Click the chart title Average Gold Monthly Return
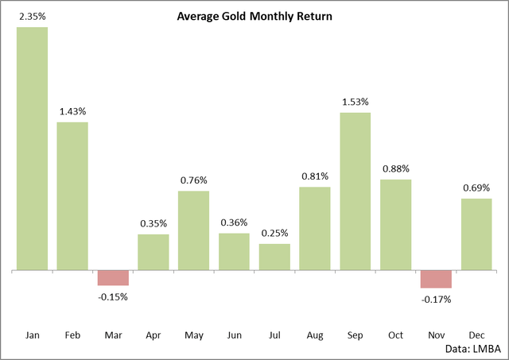pyautogui.click(x=254, y=15)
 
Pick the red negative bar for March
pyautogui.click(x=113, y=278)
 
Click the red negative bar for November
pyautogui.click(x=436, y=279)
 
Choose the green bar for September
pyautogui.click(x=355, y=192)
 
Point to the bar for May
pyautogui.click(x=193, y=230)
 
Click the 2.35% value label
pyautogui.click(x=32, y=15)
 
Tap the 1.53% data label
pyautogui.click(x=355, y=102)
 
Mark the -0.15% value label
pyautogui.click(x=113, y=296)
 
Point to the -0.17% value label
pyautogui.click(x=436, y=300)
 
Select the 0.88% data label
pyautogui.click(x=395, y=168)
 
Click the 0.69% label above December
pyautogui.click(x=476, y=188)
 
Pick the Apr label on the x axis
pyautogui.click(x=153, y=336)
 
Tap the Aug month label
pyautogui.click(x=314, y=336)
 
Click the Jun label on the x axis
pyautogui.click(x=234, y=336)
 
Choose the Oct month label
pyautogui.click(x=395, y=336)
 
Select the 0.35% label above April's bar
pyautogui.click(x=153, y=223)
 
